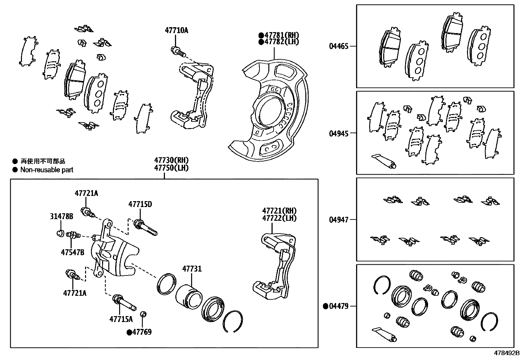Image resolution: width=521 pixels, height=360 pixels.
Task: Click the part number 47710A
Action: click(176, 30)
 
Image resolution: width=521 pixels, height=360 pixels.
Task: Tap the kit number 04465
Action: click(339, 46)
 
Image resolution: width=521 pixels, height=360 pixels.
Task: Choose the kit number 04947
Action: click(339, 219)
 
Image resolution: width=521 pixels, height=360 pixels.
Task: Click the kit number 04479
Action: click(339, 306)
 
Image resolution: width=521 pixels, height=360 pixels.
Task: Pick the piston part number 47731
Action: click(192, 269)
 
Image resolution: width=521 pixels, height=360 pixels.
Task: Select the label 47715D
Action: click(140, 204)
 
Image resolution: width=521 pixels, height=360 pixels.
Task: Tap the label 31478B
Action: click(62, 217)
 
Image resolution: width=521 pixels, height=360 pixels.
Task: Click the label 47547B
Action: click(72, 252)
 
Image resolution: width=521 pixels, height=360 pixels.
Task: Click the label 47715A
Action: click(121, 319)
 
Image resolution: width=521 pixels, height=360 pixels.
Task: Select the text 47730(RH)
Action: click(171, 160)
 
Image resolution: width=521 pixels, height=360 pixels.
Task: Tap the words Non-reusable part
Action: click(47, 170)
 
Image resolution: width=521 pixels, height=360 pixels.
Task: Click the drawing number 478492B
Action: click(506, 353)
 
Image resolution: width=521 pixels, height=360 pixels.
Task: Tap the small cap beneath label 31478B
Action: click(60, 233)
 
